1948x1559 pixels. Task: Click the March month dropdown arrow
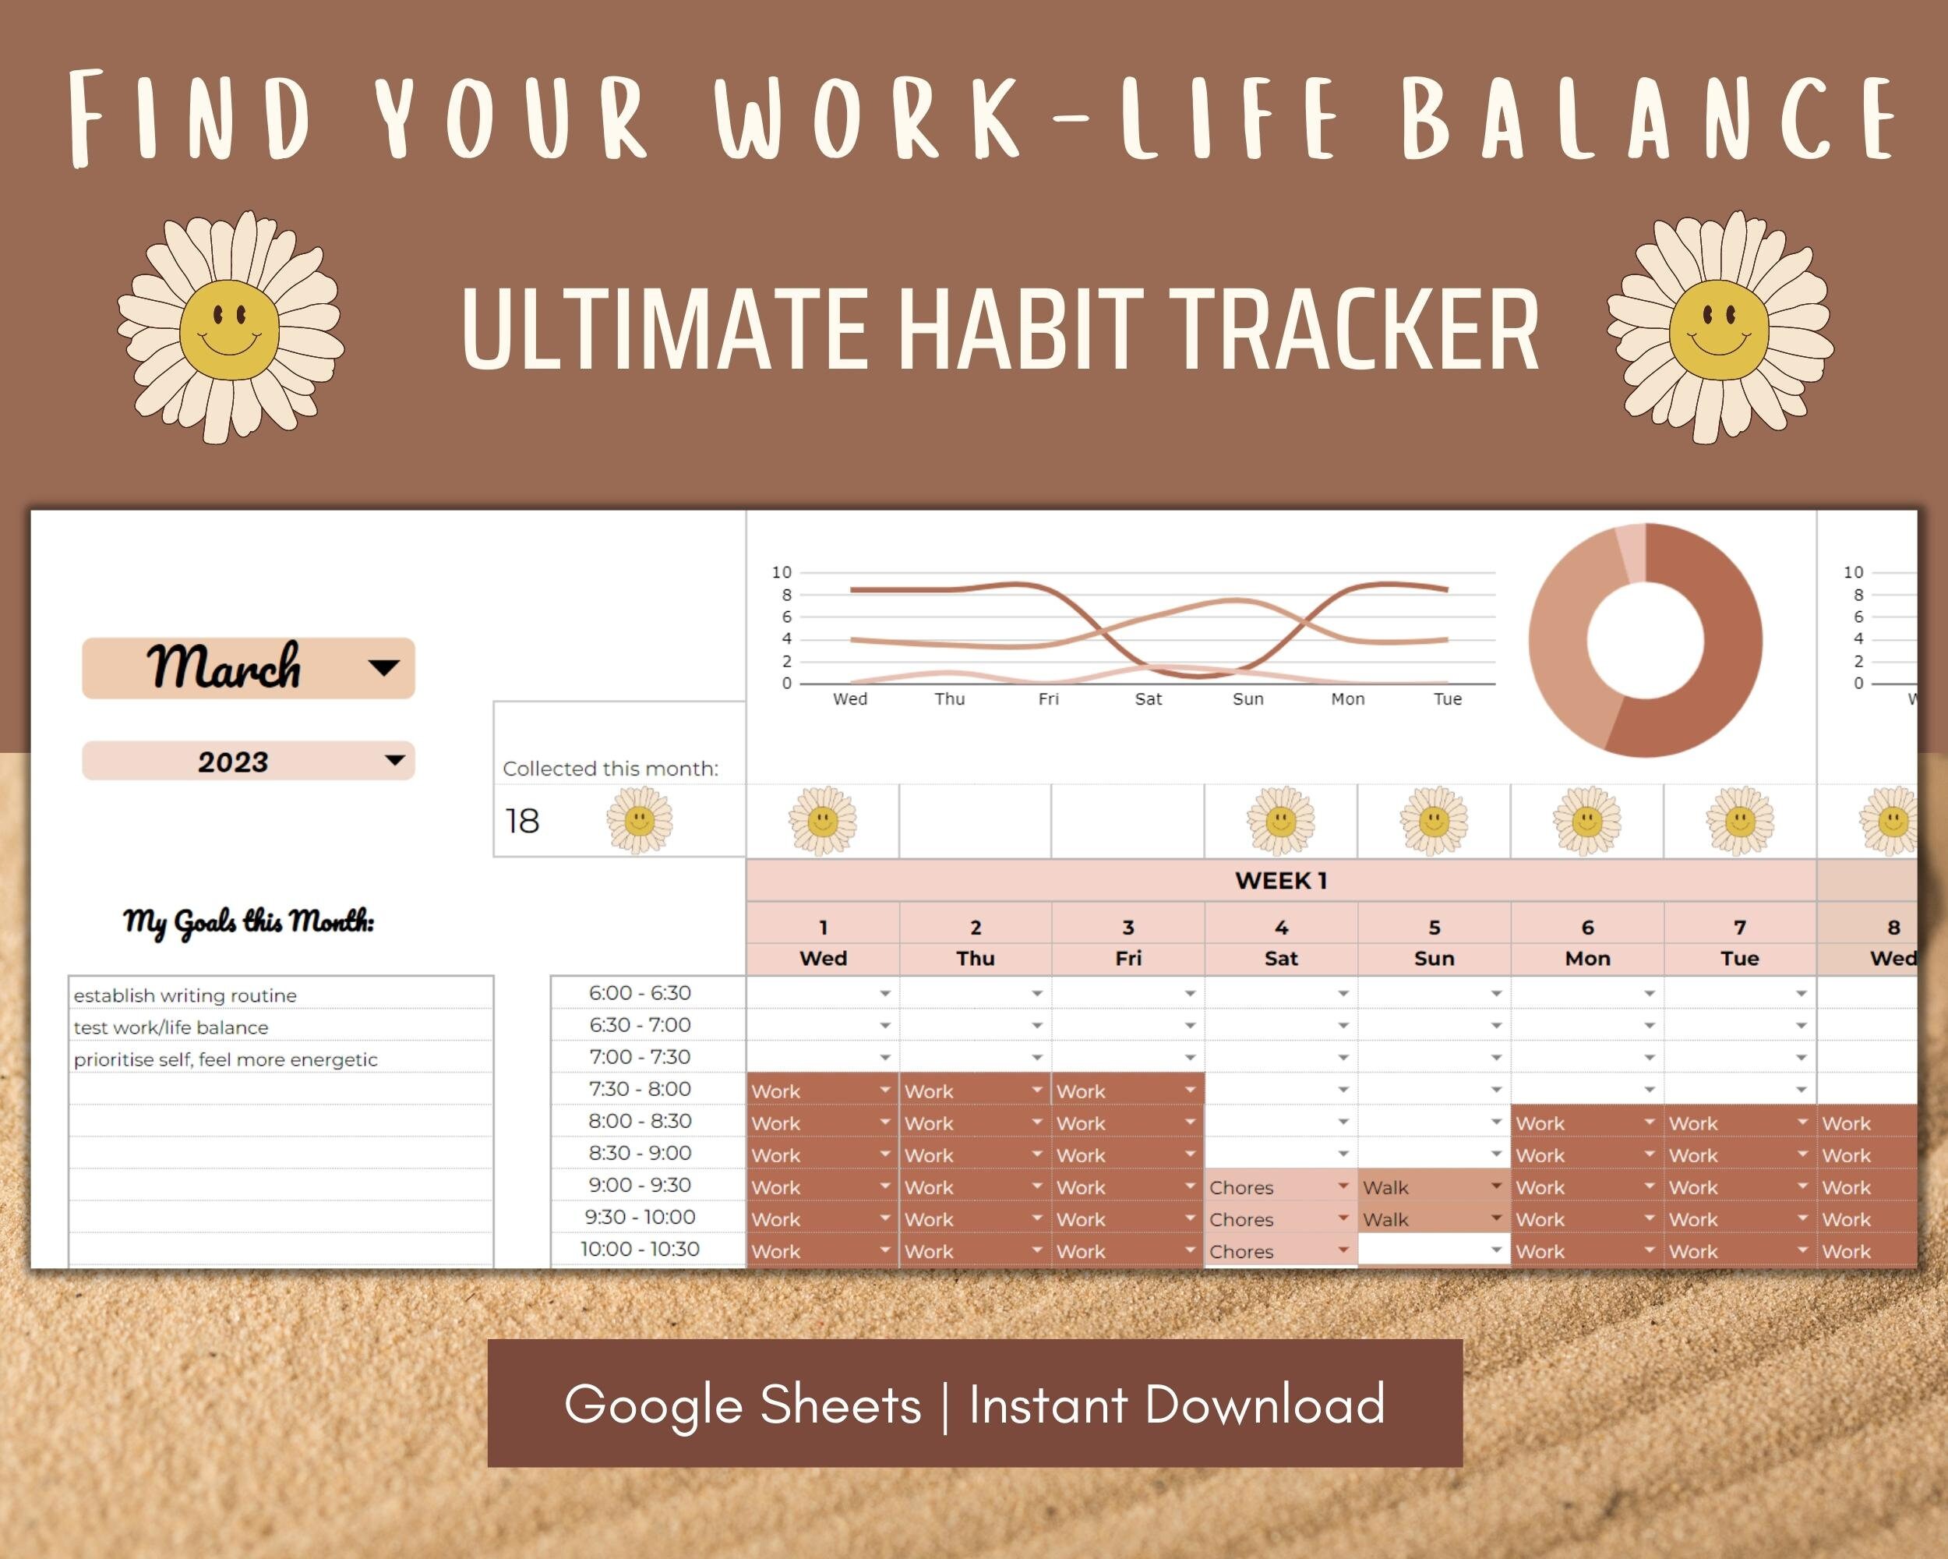pos(384,668)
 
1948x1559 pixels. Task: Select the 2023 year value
pos(233,762)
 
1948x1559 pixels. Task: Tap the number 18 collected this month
pos(522,821)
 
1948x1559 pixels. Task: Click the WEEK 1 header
pos(1281,880)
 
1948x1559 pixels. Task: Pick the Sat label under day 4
pos(1281,958)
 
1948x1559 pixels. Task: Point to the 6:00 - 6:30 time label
pos(640,992)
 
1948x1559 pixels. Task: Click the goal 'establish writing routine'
pos(185,995)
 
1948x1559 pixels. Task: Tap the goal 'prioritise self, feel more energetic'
pos(226,1059)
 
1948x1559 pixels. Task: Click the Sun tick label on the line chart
pos(1247,698)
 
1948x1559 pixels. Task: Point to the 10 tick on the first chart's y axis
pos(782,572)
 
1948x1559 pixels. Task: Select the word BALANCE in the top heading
pos(1652,118)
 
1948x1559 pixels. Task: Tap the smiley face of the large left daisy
pos(228,330)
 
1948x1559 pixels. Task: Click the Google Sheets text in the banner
pos(743,1405)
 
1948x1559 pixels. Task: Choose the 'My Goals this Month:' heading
pos(249,922)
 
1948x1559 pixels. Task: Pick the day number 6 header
pos(1587,928)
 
